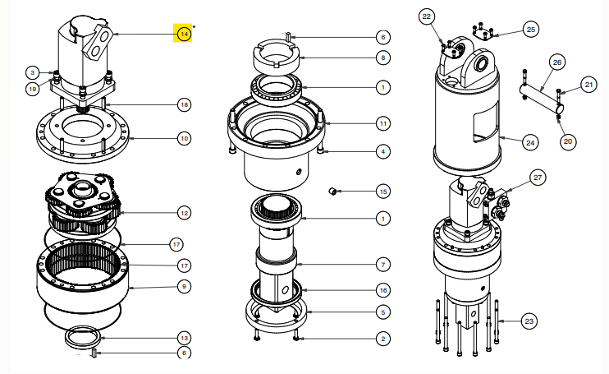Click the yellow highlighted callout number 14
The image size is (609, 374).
184,34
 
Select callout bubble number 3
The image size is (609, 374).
32,73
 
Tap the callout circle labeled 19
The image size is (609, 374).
32,88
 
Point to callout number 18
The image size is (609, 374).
184,104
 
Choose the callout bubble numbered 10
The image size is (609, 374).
184,138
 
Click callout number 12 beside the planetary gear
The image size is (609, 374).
184,212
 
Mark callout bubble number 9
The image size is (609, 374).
184,286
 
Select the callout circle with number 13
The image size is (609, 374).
184,337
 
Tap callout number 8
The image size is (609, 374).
382,58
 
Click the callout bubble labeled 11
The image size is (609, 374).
382,122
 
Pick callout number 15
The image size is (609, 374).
382,191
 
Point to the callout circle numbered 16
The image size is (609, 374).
382,290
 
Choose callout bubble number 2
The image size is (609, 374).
382,338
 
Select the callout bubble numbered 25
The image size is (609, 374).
530,30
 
